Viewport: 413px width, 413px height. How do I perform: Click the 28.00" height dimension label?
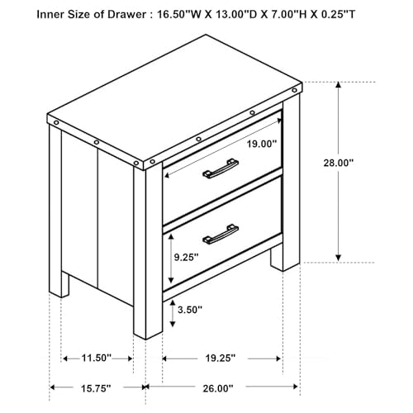coord(338,163)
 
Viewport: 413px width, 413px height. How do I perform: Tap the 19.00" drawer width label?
coord(261,144)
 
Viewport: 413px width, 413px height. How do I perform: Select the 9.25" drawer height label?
coord(186,258)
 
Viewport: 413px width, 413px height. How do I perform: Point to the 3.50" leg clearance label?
coord(190,310)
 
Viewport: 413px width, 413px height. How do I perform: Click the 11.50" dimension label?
coord(97,358)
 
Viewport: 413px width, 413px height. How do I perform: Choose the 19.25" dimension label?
coord(221,358)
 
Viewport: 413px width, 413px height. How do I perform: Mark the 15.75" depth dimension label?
coord(96,388)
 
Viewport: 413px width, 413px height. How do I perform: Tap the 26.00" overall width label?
coord(218,388)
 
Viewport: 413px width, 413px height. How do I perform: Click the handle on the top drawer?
coord(221,169)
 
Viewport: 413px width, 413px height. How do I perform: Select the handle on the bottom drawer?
coord(221,235)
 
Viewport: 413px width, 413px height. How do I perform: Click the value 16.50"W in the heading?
coord(178,14)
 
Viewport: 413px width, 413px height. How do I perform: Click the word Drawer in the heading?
coord(126,14)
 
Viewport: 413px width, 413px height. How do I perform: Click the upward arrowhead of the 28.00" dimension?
coord(339,85)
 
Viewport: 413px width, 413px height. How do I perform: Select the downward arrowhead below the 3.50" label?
coord(173,324)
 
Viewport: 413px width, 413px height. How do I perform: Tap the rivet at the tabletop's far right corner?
coord(294,90)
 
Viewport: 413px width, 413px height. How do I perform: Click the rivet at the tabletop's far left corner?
coord(56,122)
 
